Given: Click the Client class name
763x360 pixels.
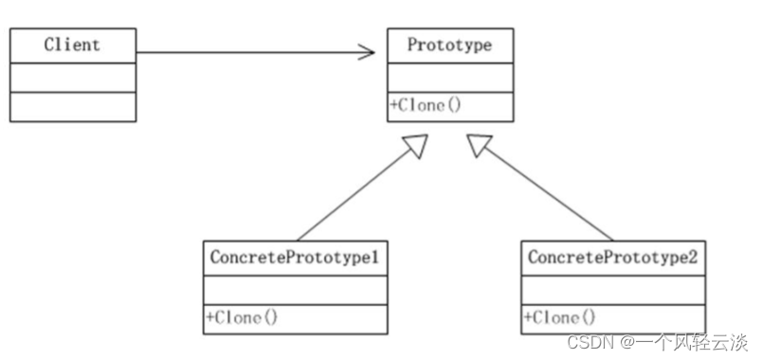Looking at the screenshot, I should pos(72,45).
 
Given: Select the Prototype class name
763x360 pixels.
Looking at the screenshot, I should pos(449,45).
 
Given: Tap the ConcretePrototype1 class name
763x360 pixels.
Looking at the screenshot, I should pos(295,257).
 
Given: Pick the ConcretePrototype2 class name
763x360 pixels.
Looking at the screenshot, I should pos(612,257).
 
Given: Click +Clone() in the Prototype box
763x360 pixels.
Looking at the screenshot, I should pos(425,106).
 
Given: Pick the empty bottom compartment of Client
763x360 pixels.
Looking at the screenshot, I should pos(72,106).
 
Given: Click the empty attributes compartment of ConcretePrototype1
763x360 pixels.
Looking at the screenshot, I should pos(295,289).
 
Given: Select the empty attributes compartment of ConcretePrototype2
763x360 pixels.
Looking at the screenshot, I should pos(612,289).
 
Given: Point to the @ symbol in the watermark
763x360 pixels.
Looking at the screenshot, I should pos(628,340).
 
